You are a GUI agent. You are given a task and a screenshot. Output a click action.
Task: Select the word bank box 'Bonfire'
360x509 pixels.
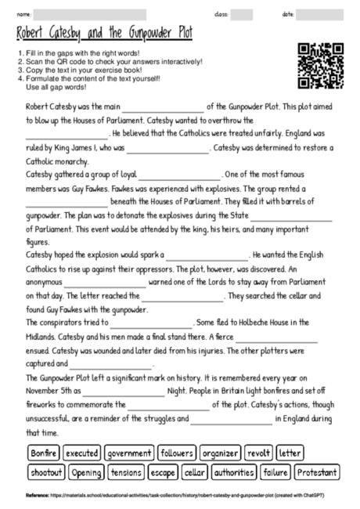[43, 453]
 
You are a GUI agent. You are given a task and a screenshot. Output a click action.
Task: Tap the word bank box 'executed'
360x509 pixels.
[82, 453]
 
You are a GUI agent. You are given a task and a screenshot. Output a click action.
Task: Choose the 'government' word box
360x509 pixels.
[129, 453]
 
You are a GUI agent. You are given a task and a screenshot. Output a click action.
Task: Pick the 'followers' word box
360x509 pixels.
[177, 453]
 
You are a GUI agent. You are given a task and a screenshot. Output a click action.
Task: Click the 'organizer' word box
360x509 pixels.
[220, 453]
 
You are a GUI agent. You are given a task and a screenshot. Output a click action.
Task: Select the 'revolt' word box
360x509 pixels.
[258, 453]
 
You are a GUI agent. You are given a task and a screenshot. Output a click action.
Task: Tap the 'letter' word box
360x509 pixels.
[290, 453]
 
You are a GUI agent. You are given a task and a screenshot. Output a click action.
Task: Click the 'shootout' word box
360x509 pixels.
[46, 472]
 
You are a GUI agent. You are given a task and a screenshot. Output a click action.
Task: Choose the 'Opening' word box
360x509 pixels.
[86, 472]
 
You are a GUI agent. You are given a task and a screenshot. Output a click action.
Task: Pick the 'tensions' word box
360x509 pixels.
[125, 472]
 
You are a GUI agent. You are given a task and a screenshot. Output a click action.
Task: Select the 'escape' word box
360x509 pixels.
[163, 472]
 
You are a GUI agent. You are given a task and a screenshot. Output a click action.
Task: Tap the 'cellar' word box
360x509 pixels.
[194, 472]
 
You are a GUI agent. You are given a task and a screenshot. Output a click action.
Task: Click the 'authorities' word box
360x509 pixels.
[234, 472]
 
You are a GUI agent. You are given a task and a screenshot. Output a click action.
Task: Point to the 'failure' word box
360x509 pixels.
[275, 472]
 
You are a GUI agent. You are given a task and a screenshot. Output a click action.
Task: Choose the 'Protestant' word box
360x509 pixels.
[318, 472]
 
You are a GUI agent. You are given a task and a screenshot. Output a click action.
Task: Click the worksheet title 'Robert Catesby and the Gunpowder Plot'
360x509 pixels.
[104, 34]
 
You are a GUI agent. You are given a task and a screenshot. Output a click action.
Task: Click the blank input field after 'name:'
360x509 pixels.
[90, 15]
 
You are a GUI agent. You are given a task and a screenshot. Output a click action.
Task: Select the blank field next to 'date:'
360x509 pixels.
[321, 15]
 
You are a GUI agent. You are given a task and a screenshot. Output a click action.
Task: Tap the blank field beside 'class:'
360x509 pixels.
[241, 15]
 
